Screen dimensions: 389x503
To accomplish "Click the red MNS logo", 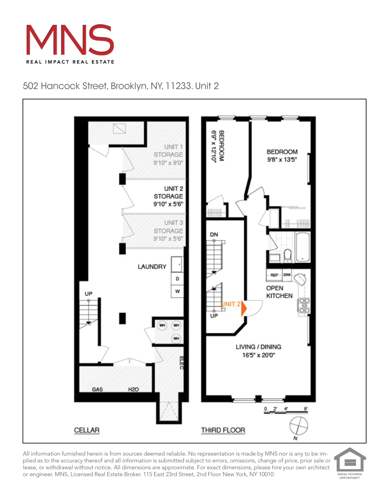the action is point(70,40).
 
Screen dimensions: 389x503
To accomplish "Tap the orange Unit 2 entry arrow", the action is point(244,308).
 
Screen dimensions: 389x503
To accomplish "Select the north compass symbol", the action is point(299,425).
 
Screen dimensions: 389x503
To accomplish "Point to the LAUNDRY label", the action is point(152,267).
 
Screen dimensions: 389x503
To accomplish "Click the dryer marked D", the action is point(177,279).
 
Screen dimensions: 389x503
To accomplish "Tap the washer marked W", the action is point(177,292).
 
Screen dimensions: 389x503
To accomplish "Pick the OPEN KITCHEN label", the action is point(279,292).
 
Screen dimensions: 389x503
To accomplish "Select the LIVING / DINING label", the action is point(258,347).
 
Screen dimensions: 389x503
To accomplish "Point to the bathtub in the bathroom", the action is point(303,247).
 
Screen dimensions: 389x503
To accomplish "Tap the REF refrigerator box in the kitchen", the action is point(274,275).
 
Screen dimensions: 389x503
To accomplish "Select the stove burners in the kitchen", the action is point(304,306).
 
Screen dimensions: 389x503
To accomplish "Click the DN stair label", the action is point(214,235).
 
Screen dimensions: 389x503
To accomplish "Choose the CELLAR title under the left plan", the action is point(87,430).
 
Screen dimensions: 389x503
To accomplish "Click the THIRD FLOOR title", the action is point(223,430).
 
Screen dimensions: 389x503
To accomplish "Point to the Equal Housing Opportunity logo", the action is point(349,462).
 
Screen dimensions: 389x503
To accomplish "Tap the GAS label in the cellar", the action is point(97,389).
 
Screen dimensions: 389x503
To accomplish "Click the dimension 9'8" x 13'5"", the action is point(282,160).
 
